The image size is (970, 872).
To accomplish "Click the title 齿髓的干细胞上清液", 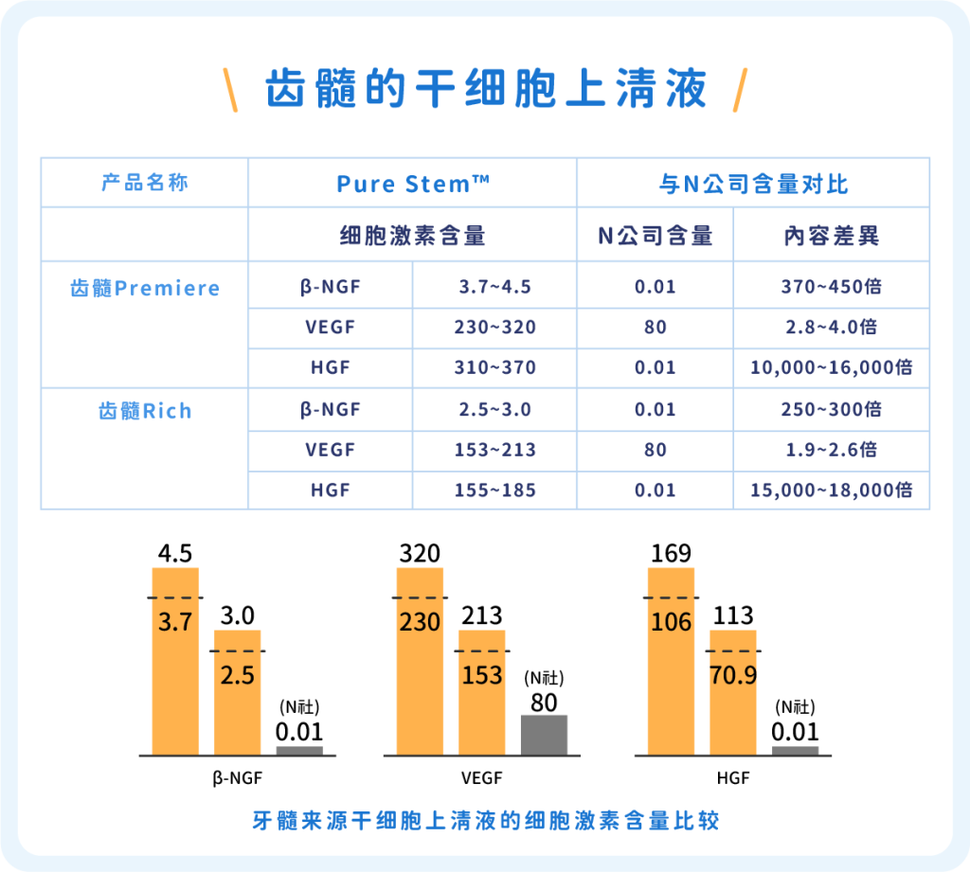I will pos(485,90).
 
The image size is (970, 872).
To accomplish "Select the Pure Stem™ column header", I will pos(413,183).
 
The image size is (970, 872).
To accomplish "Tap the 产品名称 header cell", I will pos(145,183).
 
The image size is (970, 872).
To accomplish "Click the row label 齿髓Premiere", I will pos(145,288).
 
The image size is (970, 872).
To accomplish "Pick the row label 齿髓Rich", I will pos(145,411).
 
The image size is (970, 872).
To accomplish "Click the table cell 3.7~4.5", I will pos(494,287).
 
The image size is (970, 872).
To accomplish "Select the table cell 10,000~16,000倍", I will pos(831,367).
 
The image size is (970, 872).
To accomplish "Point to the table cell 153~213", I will pos(494,450).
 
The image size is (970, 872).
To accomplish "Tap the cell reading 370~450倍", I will pos(831,287).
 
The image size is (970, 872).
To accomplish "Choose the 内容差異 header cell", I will pos(831,235).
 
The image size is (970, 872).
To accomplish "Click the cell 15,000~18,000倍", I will pos(831,489).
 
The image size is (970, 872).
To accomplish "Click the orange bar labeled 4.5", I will pos(175,663).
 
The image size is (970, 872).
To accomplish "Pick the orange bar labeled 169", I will pos(672,663).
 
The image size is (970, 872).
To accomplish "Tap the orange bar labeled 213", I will pos(482,691).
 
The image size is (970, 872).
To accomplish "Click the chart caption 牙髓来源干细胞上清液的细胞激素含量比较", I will pos(484,820).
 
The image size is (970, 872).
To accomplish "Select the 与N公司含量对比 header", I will pos(753,183).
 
